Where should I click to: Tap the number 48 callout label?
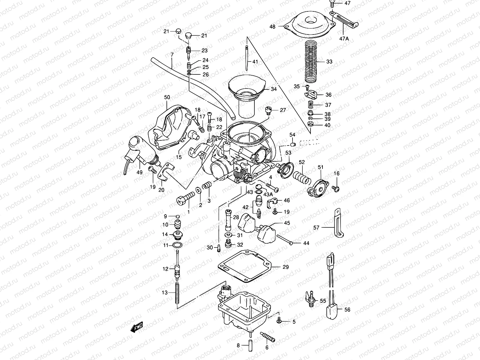tap(272, 27)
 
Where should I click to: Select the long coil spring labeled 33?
tap(310, 61)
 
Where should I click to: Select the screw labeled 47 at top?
tap(332, 4)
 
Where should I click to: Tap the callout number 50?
tap(167, 97)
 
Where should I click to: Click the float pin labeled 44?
tap(285, 240)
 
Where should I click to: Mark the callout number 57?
tap(316, 228)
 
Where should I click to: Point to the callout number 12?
tap(166, 269)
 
